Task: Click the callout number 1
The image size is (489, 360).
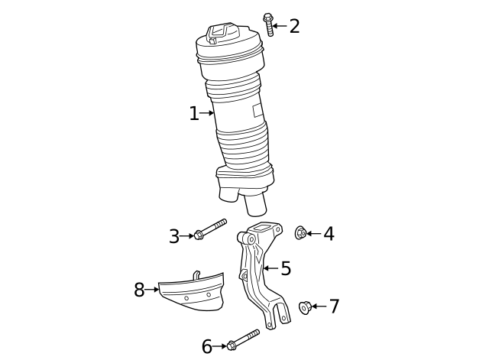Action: [193, 114]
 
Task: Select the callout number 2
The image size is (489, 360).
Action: [294, 26]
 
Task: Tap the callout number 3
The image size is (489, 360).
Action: [174, 237]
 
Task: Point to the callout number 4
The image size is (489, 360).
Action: [329, 234]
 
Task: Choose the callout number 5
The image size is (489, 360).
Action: [286, 268]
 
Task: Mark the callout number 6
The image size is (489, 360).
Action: [207, 347]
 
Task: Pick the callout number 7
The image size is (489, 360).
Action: [334, 306]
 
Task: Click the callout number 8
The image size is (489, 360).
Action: [139, 290]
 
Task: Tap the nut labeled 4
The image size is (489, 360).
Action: [301, 232]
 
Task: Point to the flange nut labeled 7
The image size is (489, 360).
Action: [305, 307]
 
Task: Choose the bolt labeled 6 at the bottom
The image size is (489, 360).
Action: [243, 339]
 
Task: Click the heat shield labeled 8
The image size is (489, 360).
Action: [191, 294]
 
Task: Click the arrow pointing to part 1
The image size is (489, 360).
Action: [207, 114]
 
